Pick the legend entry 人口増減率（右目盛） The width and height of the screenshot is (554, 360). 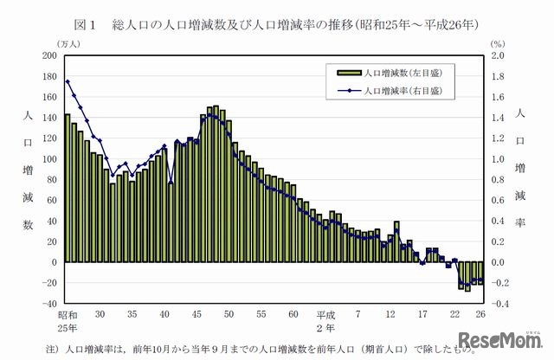384,88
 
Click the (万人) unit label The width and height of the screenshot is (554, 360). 45,42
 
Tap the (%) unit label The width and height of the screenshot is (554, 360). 496,42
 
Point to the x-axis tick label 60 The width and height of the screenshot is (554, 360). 293,314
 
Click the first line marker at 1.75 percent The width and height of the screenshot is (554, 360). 68,81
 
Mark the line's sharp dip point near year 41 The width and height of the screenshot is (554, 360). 171,183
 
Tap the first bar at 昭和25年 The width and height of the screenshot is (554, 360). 68,188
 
